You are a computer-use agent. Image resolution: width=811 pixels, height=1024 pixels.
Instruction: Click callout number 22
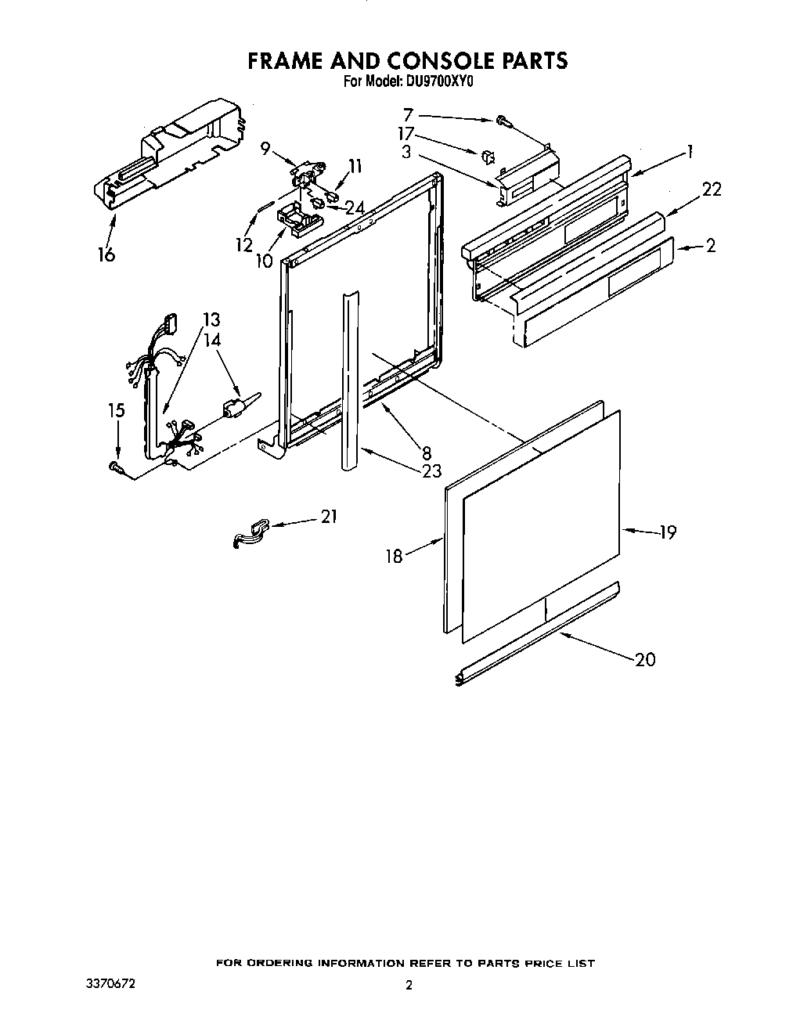point(712,189)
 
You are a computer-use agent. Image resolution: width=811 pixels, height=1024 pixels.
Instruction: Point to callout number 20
point(644,659)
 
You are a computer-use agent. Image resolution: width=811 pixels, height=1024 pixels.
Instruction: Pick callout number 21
point(329,517)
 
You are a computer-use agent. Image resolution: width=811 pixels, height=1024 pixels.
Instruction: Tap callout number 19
point(667,532)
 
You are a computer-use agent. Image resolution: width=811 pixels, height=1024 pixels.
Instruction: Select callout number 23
point(431,470)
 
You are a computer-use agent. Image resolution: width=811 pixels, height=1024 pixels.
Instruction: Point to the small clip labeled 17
point(489,157)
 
